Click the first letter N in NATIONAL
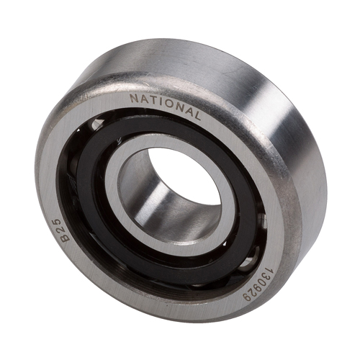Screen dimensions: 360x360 coord(134,98)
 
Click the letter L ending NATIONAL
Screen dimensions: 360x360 coord(197,116)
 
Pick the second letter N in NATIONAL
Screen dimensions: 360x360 coord(178,107)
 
